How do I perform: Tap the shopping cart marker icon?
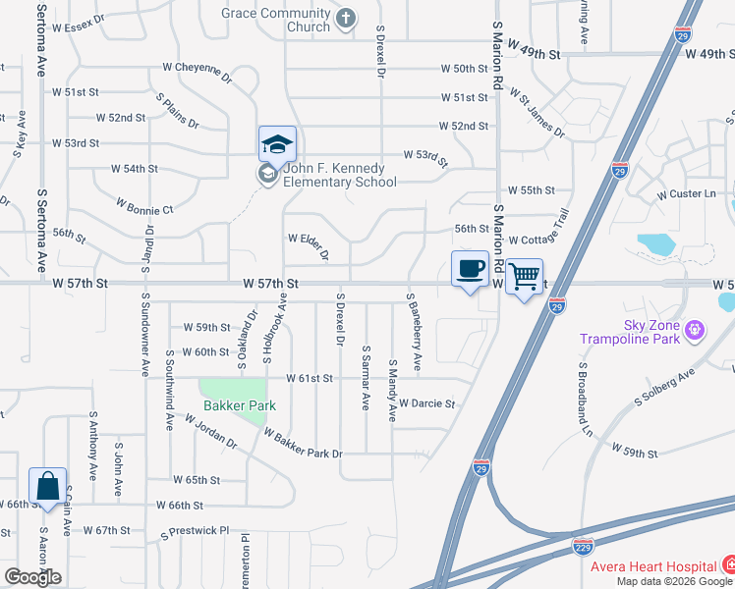[526, 276]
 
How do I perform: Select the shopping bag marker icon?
[47, 485]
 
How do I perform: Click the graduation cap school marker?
[277, 144]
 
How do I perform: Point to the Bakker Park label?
[240, 405]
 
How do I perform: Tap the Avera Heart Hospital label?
[652, 566]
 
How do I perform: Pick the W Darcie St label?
[427, 403]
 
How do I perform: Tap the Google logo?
[32, 577]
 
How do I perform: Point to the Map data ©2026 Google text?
[675, 581]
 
